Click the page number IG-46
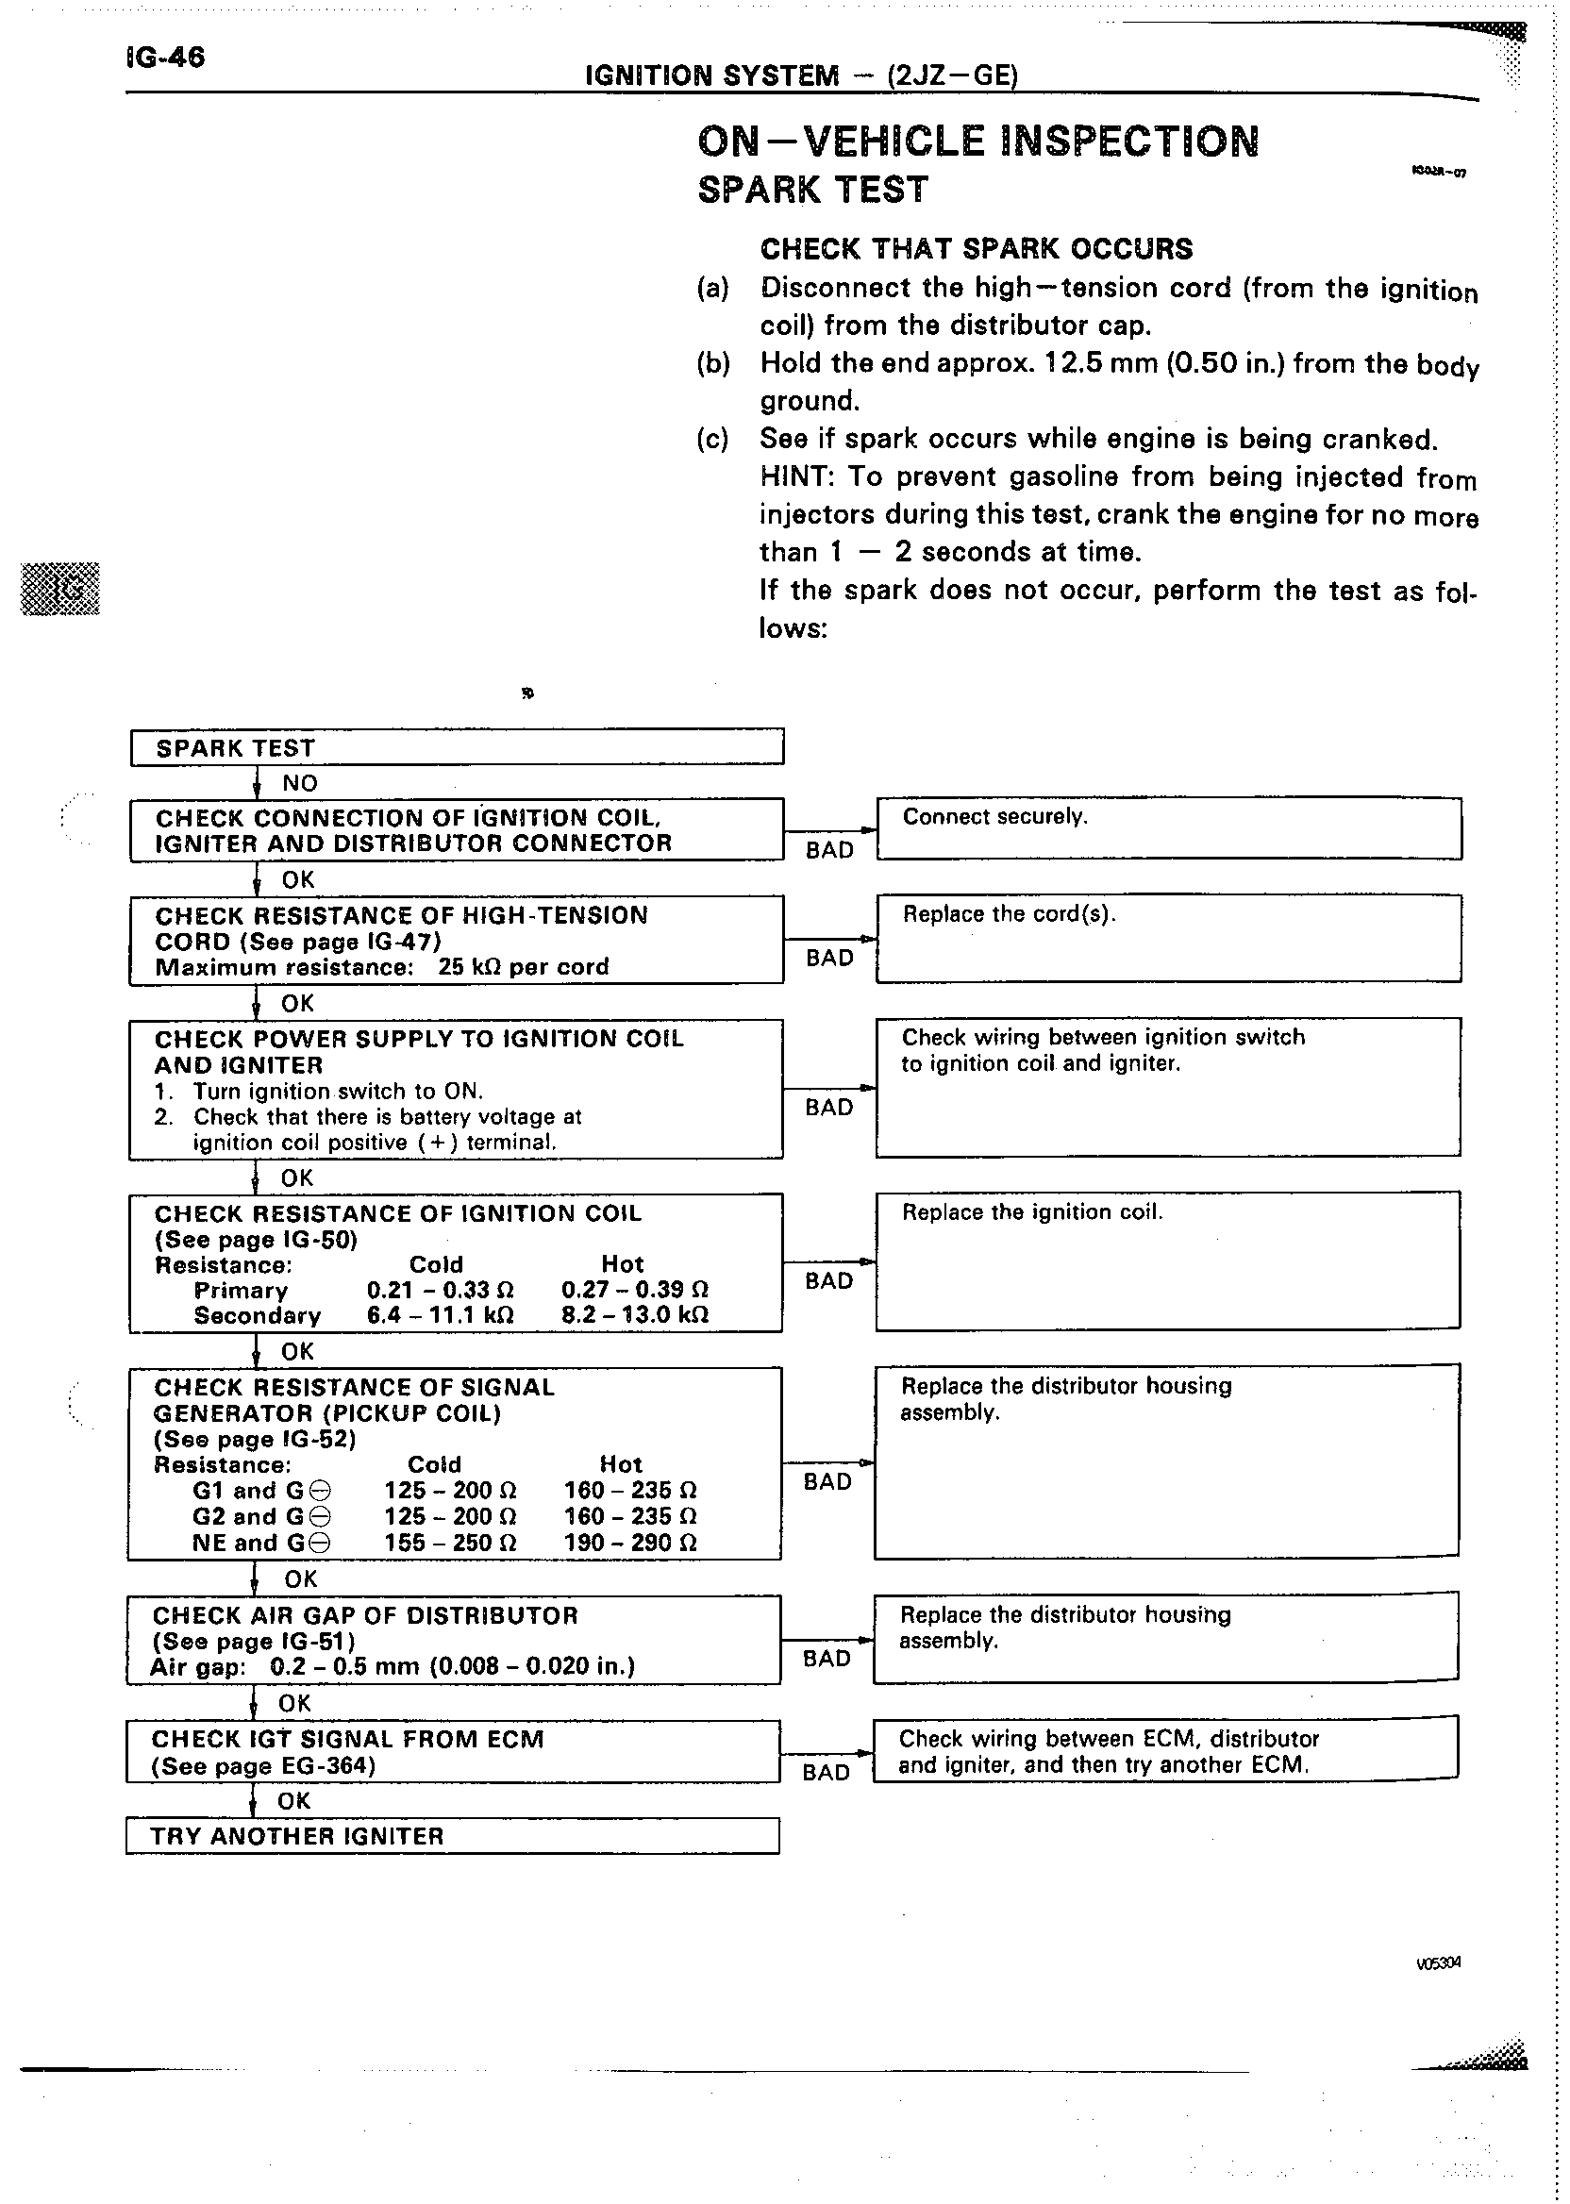click(165, 57)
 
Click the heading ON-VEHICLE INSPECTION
click(977, 142)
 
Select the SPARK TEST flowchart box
click(457, 747)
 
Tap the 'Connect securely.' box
click(1168, 828)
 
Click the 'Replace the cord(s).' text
click(1009, 914)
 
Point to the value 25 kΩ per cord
click(523, 967)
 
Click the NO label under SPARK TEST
click(300, 783)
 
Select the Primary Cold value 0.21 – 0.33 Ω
click(440, 1290)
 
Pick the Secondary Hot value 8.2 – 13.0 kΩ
click(635, 1314)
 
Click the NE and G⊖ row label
click(261, 1543)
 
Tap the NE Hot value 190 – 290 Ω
click(630, 1543)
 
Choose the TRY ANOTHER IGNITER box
click(452, 1836)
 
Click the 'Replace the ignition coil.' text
click(1031, 1212)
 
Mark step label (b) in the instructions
click(712, 363)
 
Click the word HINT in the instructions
click(789, 476)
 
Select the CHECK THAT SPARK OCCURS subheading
click(977, 249)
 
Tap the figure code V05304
click(1438, 1962)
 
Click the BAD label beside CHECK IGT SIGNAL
click(826, 1772)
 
